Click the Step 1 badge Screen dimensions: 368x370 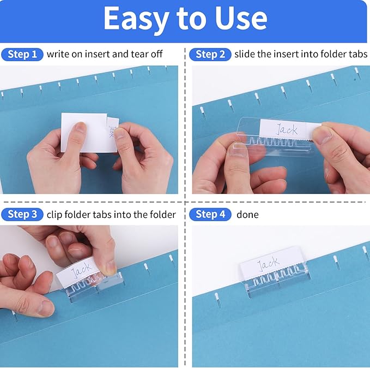(22, 54)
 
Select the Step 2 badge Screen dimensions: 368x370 (210, 54)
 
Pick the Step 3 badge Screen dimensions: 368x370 (22, 215)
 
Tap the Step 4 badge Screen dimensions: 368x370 (210, 215)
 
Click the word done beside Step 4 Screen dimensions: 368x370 (247, 215)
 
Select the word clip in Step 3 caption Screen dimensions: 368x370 (54, 215)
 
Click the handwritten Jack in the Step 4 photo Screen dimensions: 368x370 (268, 264)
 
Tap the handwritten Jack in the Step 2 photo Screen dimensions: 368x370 (287, 129)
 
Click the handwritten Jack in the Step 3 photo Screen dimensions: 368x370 (82, 269)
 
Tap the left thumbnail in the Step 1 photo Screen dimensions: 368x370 (80, 129)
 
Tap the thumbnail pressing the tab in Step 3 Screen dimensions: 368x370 (109, 268)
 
